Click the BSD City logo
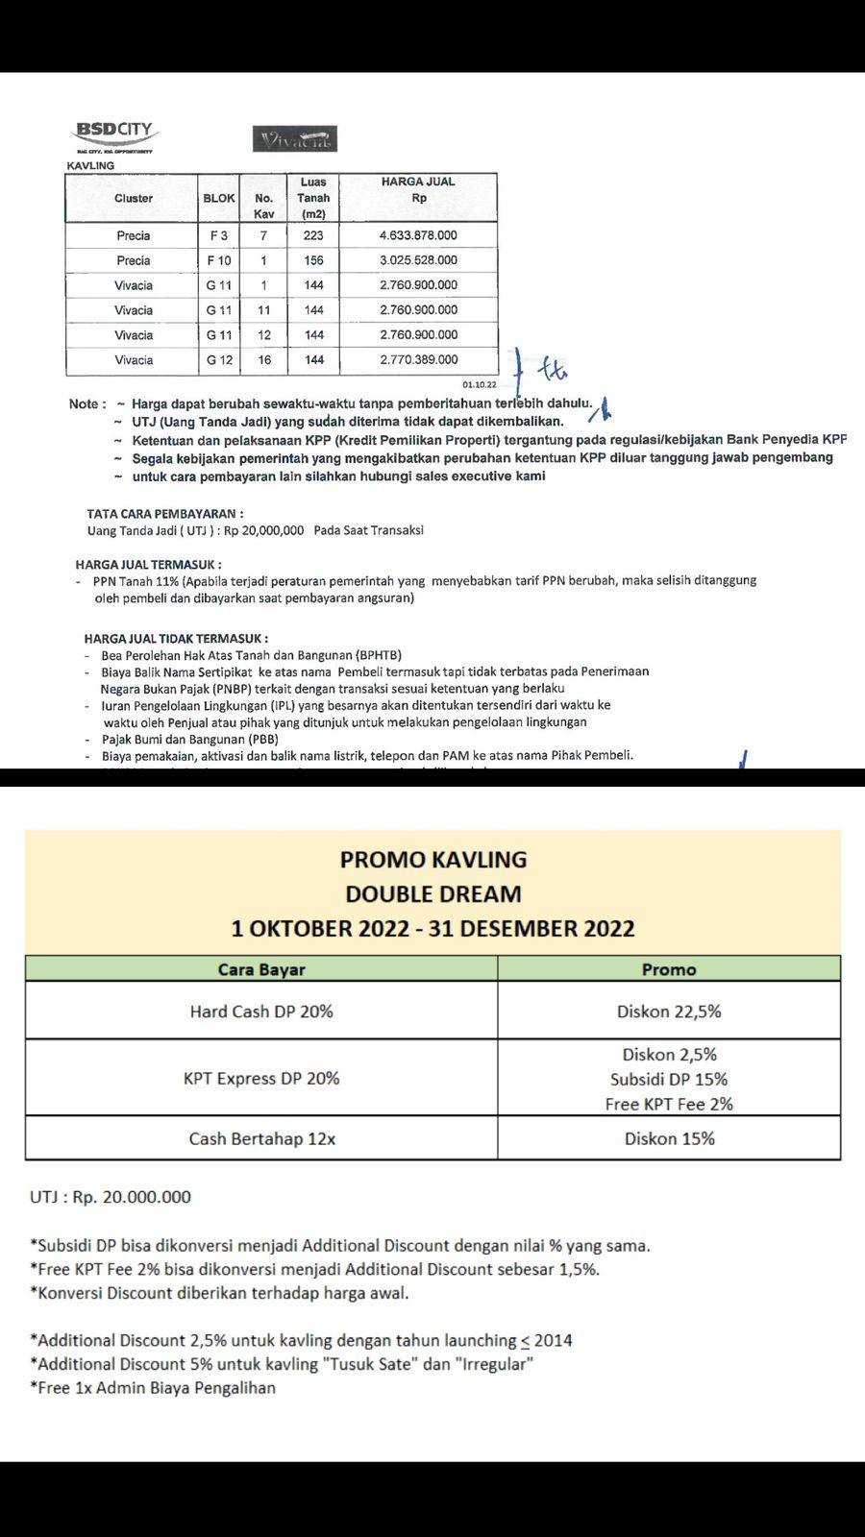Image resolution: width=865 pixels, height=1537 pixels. pos(115,135)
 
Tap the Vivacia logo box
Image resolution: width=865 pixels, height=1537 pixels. pos(295,139)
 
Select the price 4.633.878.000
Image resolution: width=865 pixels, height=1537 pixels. pos(418,235)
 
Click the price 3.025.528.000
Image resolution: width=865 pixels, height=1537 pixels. pos(418,260)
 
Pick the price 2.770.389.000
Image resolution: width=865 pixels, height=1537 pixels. pos(418,360)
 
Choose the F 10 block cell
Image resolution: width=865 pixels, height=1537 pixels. pos(219,260)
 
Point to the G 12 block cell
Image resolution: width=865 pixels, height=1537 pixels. pos(219,360)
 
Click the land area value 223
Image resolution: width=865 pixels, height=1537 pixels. pos(313,235)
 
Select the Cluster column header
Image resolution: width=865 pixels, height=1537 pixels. pos(134,198)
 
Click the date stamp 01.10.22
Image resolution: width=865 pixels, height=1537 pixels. pos(480,384)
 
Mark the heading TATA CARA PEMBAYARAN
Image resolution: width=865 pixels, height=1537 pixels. pos(164,514)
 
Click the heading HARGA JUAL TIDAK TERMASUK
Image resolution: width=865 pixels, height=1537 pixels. pos(176,638)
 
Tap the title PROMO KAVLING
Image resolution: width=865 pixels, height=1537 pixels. pos(433,860)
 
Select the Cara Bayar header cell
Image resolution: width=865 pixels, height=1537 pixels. pos(261,969)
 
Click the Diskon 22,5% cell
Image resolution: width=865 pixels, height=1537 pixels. pos(669,1012)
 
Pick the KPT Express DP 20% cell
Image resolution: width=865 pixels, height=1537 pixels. pos(261,1078)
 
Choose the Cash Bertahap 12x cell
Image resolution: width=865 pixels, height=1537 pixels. pos(261,1138)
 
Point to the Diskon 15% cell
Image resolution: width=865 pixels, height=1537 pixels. pos(669,1138)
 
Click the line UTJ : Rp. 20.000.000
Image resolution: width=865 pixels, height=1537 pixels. pos(111,1197)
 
